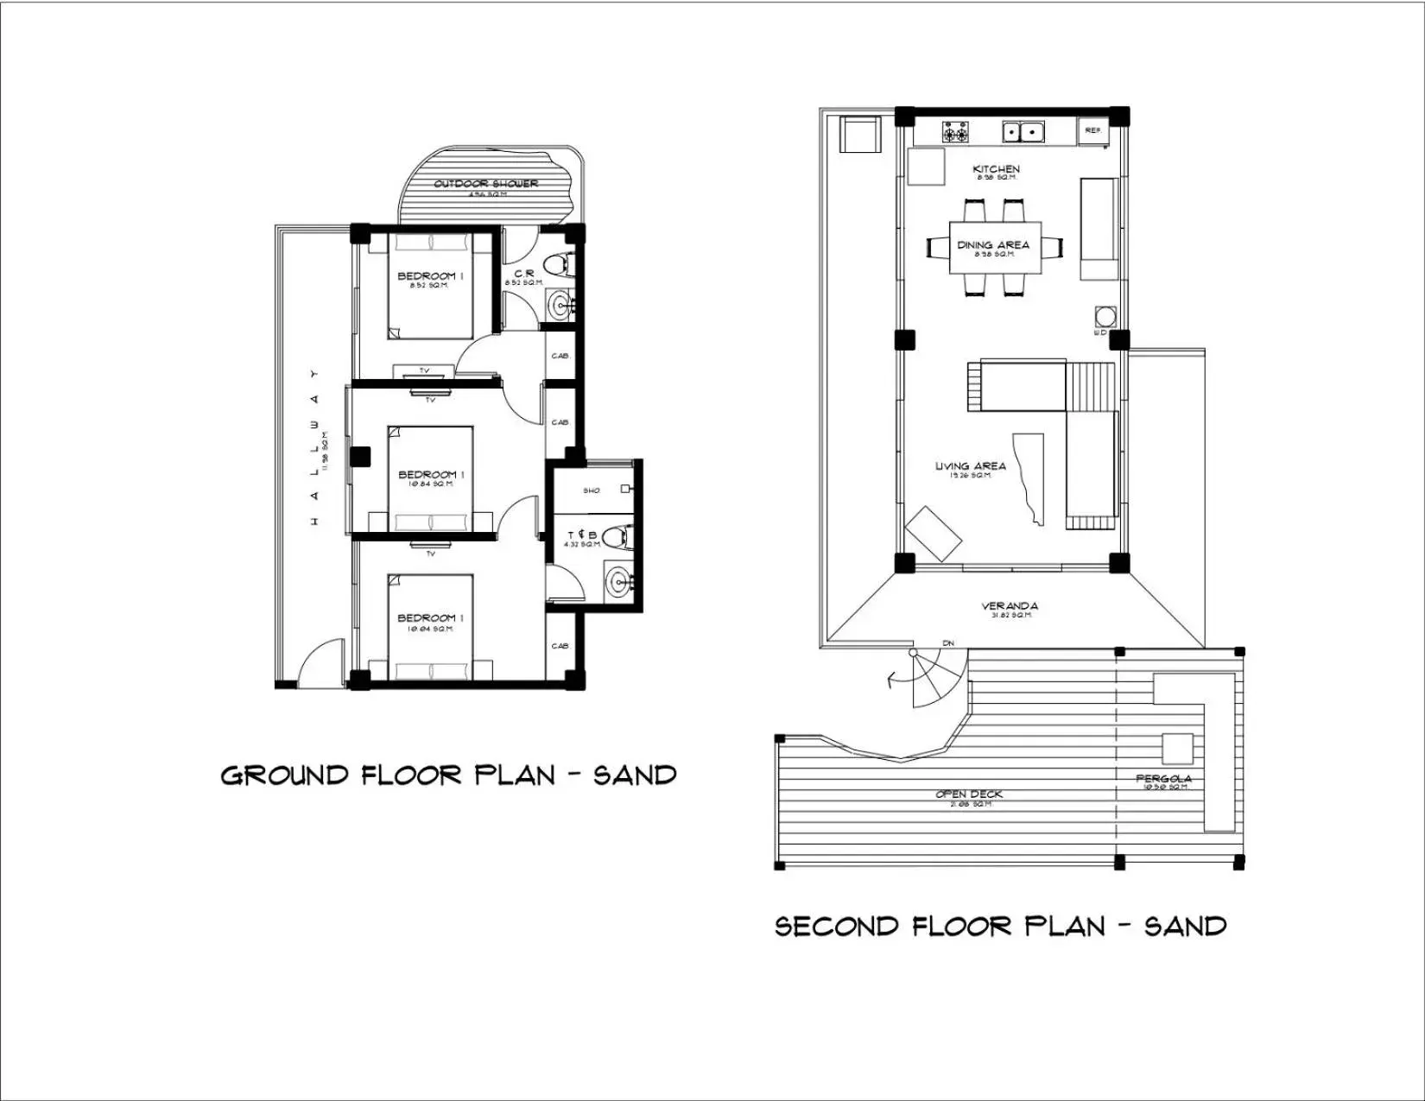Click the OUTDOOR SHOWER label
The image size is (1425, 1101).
(485, 184)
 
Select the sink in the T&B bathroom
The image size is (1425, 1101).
(618, 580)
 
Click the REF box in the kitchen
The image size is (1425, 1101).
(1093, 130)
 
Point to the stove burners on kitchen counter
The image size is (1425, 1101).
(954, 133)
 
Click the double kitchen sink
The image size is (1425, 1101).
(1023, 132)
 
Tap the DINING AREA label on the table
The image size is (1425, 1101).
(993, 245)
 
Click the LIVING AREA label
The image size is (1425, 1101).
(970, 466)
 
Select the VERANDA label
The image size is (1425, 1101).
(1009, 606)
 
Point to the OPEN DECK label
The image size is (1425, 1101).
(969, 794)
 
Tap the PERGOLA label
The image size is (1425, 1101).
(1163, 779)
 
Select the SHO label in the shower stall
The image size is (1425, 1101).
(592, 490)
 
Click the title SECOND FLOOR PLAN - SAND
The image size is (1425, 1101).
(1000, 927)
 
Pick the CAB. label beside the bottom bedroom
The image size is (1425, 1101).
(560, 646)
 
